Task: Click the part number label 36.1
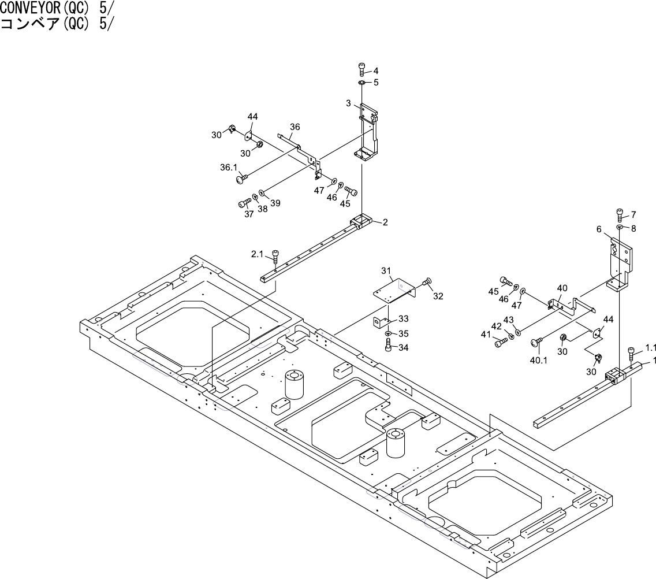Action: [229, 168]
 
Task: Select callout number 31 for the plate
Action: [386, 270]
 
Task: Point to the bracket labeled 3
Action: [367, 130]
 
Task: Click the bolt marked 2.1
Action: [275, 256]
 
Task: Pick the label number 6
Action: [599, 229]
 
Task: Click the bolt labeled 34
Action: [389, 346]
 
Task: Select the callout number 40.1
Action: [538, 360]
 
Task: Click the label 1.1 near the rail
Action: [651, 348]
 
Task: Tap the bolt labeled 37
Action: [244, 203]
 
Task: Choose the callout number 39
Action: [275, 202]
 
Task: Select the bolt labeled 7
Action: [619, 214]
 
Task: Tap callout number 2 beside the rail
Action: [385, 222]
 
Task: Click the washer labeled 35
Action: [388, 335]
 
